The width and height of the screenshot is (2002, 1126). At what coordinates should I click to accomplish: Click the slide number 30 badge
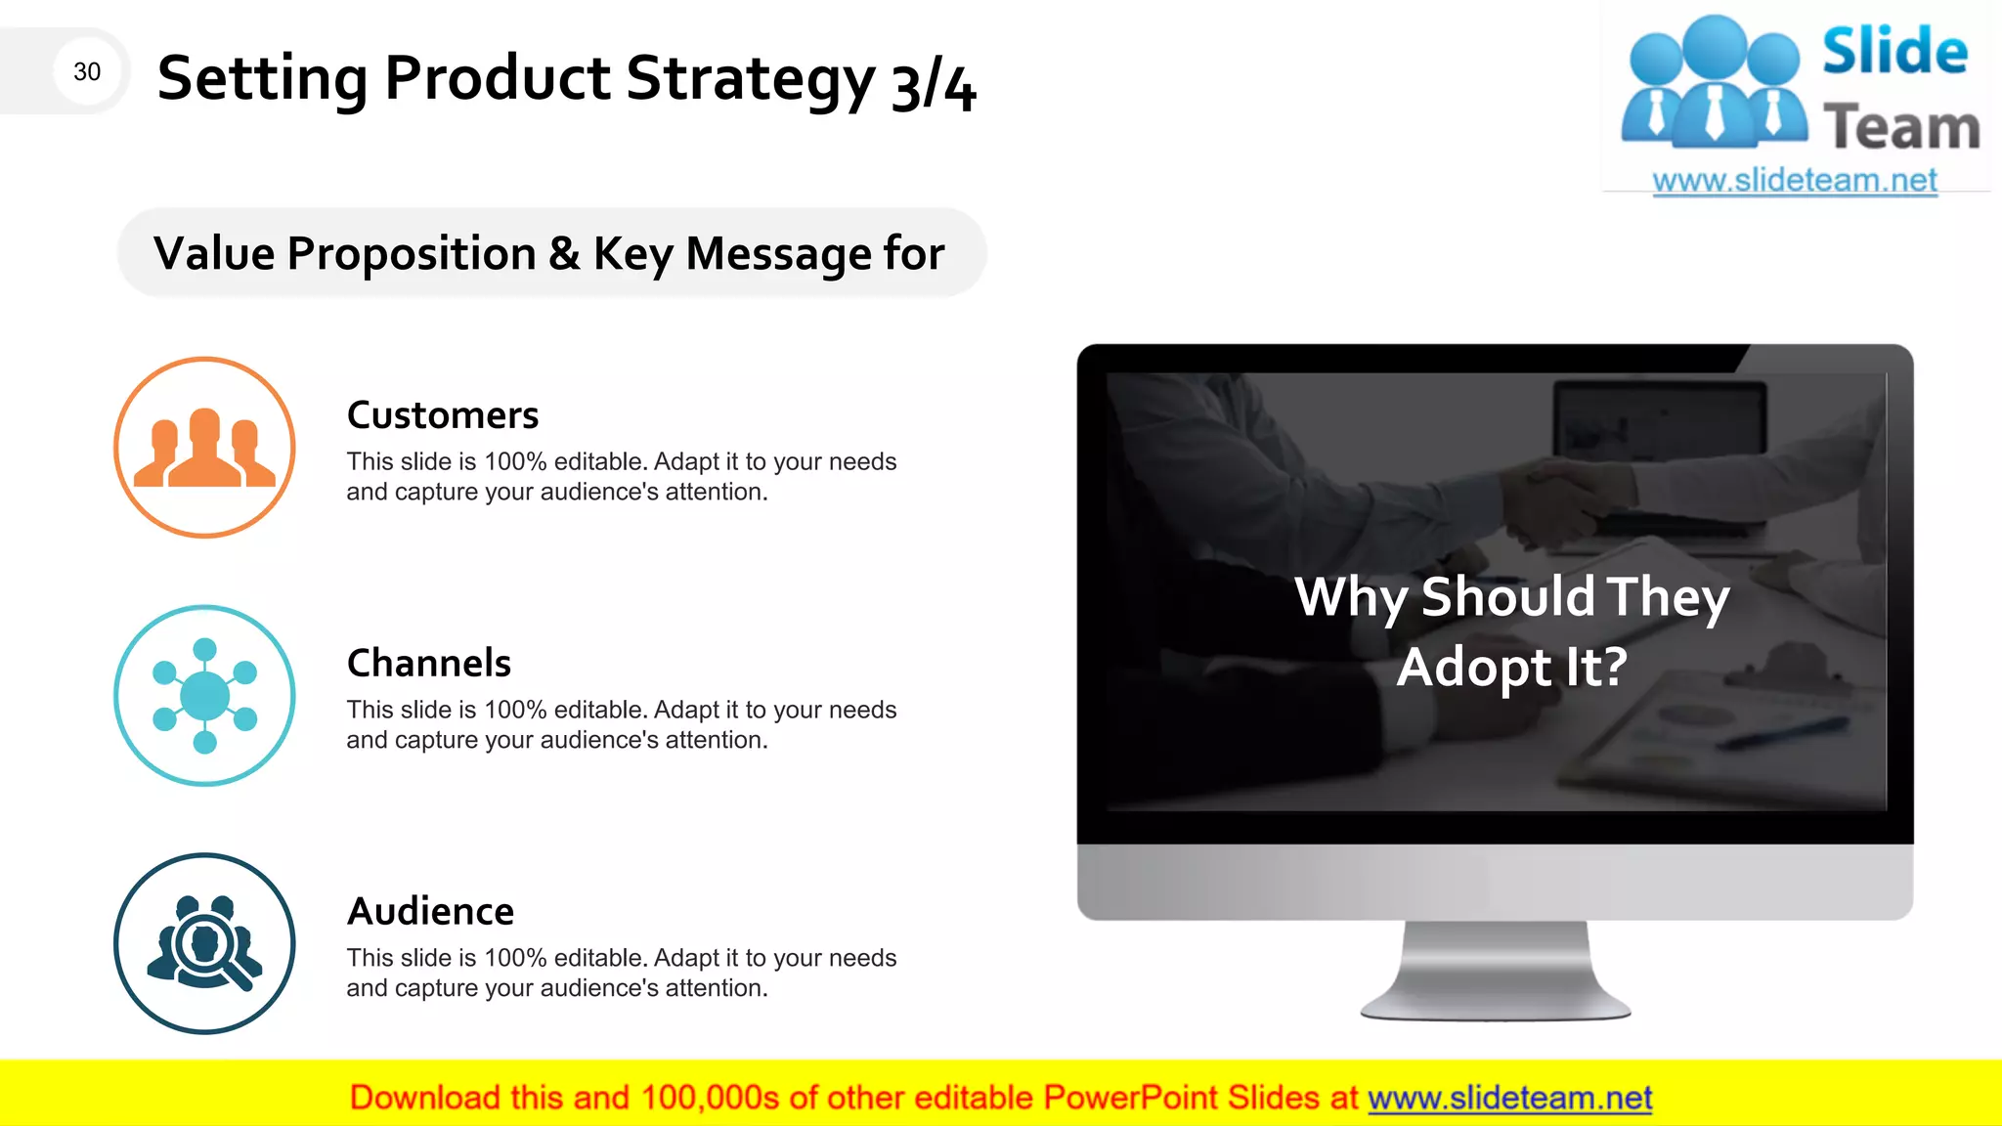(x=87, y=71)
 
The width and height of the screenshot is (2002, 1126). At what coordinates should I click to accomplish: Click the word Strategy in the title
(x=750, y=80)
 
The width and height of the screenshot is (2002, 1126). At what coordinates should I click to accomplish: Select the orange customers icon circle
(x=204, y=448)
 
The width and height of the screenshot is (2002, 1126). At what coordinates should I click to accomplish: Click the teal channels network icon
(x=204, y=696)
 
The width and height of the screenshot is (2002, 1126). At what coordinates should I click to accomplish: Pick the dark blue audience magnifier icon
(x=204, y=944)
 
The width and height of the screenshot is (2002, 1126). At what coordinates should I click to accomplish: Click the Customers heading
(x=443, y=415)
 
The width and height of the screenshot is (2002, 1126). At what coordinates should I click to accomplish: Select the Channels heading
(x=429, y=664)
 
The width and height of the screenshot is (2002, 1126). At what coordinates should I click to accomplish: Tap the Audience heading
(x=431, y=912)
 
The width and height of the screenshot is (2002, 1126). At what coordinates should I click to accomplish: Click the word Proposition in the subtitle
(x=412, y=254)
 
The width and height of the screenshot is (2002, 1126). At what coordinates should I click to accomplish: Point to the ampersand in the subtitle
(x=564, y=254)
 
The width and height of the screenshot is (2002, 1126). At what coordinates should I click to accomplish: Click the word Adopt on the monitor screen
(x=1473, y=669)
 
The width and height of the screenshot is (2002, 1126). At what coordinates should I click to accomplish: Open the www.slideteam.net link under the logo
(x=1795, y=181)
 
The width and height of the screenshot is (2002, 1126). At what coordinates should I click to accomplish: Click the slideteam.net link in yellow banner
(x=1510, y=1099)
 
